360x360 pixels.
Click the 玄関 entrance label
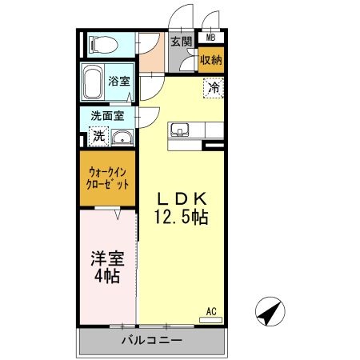pos(181,42)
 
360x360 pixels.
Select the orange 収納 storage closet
pos(211,59)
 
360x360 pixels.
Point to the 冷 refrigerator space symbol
pos(214,87)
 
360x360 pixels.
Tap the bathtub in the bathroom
pos(92,80)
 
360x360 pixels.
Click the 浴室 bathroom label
pos(120,80)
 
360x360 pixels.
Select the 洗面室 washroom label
pos(107,115)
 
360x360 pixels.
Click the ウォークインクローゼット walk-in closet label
pos(107,176)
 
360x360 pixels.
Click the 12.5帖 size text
pos(182,217)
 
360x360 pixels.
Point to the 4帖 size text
pos(106,278)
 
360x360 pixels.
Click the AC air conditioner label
pos(212,310)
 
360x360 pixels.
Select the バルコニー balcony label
pos(152,340)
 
